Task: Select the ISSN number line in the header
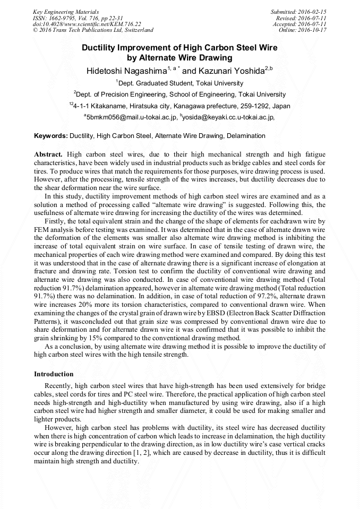click(78, 18)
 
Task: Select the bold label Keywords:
click(50, 136)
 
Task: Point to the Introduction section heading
click(54, 374)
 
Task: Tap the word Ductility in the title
click(102, 48)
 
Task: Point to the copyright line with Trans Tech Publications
click(93, 30)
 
